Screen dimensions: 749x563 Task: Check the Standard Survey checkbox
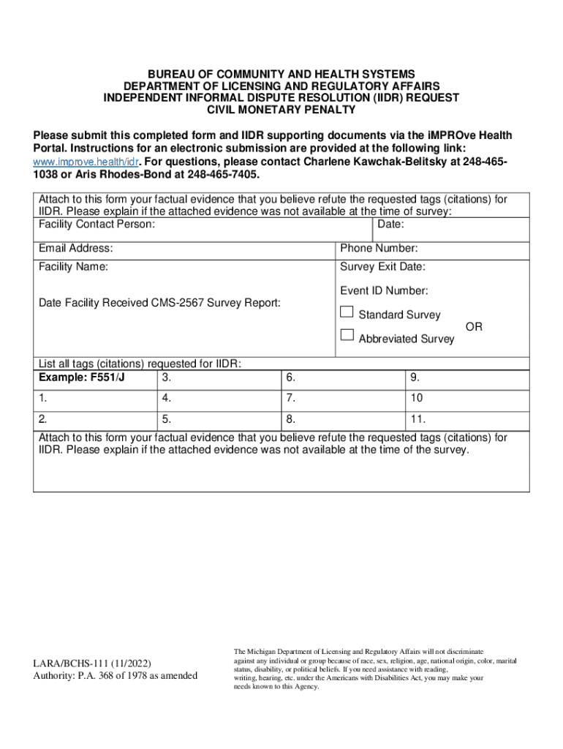click(347, 313)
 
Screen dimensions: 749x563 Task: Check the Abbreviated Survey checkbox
click(347, 336)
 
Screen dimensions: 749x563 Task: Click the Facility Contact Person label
click(97, 224)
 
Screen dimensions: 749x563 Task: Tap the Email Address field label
click(75, 249)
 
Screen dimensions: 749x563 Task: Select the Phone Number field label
click(379, 249)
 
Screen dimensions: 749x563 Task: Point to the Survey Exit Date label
click(382, 267)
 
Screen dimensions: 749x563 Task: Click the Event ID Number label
click(384, 290)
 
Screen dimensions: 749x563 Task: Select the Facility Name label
click(73, 267)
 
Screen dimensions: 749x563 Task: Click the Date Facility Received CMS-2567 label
click(159, 303)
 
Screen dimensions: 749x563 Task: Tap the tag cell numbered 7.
click(342, 399)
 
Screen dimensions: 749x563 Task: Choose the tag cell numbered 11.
click(467, 420)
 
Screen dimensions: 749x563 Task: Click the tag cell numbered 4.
click(218, 399)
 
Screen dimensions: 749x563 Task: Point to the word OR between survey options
click(474, 327)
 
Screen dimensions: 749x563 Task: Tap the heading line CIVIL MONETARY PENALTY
click(281, 110)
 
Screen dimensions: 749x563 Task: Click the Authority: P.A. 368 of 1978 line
click(115, 675)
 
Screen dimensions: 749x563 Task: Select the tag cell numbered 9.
click(467, 378)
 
